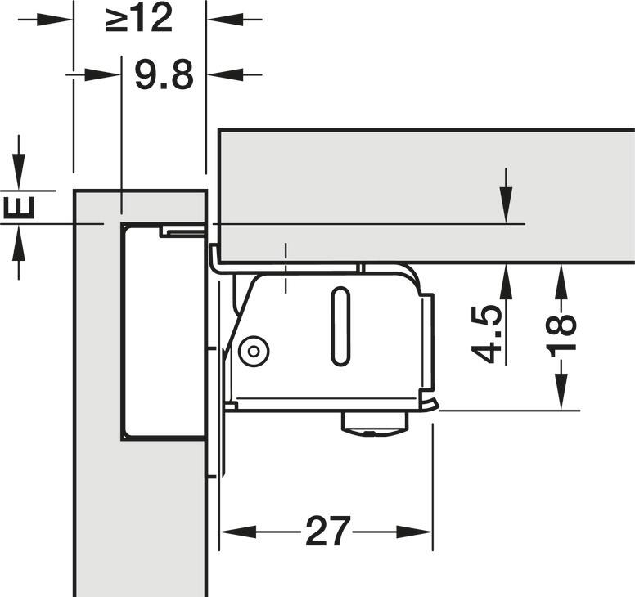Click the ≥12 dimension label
(x=139, y=19)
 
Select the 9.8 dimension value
(x=164, y=75)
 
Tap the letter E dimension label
(x=19, y=207)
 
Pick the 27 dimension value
(x=327, y=531)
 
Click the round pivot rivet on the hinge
(x=254, y=352)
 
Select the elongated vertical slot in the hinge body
(x=340, y=326)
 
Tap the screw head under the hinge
(x=374, y=424)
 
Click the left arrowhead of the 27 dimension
(x=238, y=532)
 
